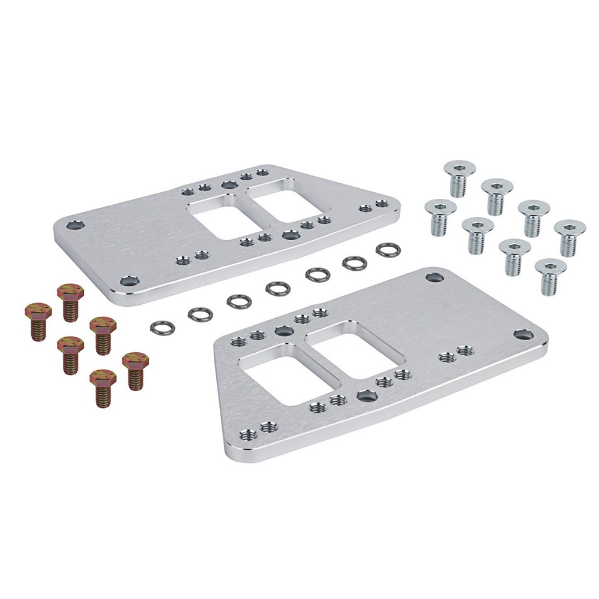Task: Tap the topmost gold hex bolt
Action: tap(70, 302)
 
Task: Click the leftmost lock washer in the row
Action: tap(162, 326)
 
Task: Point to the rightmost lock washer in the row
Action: tap(388, 249)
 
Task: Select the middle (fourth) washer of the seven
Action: tap(278, 288)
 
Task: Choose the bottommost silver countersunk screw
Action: tap(550, 276)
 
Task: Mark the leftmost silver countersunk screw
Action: tap(440, 216)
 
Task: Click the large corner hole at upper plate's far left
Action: tap(75, 226)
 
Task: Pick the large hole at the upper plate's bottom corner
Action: tap(127, 280)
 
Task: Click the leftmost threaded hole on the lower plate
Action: tap(238, 342)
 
